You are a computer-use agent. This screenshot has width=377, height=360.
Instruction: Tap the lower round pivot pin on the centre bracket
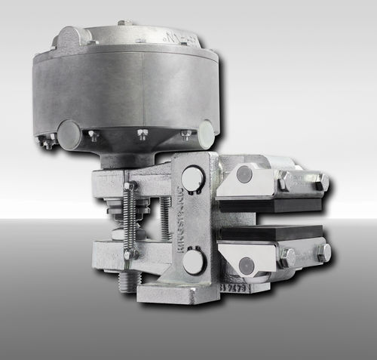click(193, 262)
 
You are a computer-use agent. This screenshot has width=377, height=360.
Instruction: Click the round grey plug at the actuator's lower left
click(69, 134)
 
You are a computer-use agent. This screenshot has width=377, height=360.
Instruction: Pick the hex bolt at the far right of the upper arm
click(322, 182)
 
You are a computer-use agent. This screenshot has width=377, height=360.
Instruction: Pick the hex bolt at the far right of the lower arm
click(323, 253)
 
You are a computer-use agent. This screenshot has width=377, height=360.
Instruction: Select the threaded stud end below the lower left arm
click(126, 283)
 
